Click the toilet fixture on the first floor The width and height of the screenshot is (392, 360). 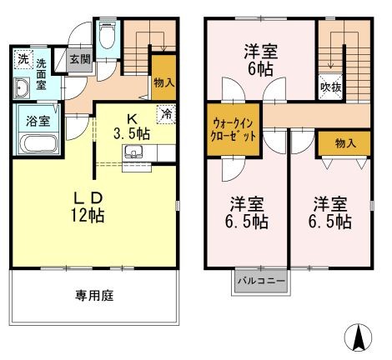[x=107, y=36]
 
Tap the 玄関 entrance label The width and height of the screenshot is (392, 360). [x=80, y=59]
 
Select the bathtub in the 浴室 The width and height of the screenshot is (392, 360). [x=38, y=143]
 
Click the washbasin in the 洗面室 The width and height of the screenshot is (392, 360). [x=22, y=87]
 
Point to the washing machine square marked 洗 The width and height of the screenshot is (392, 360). [x=23, y=59]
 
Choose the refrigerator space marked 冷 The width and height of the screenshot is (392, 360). [x=166, y=114]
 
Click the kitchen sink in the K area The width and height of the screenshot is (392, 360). [x=133, y=152]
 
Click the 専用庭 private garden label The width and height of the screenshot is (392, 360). [x=94, y=296]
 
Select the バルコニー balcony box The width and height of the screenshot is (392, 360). [x=261, y=281]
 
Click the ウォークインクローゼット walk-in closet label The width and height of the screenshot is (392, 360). [x=233, y=129]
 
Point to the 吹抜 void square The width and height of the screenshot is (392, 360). [x=330, y=87]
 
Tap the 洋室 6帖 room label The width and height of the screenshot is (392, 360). [x=261, y=59]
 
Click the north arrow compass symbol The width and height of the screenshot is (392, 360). [x=358, y=337]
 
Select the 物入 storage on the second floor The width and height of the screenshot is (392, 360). [x=344, y=143]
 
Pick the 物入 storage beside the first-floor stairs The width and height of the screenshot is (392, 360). [x=164, y=78]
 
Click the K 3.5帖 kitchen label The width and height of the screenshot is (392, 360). [x=132, y=127]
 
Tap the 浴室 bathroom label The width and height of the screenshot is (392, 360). [x=38, y=122]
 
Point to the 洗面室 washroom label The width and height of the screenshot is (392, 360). [x=41, y=74]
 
